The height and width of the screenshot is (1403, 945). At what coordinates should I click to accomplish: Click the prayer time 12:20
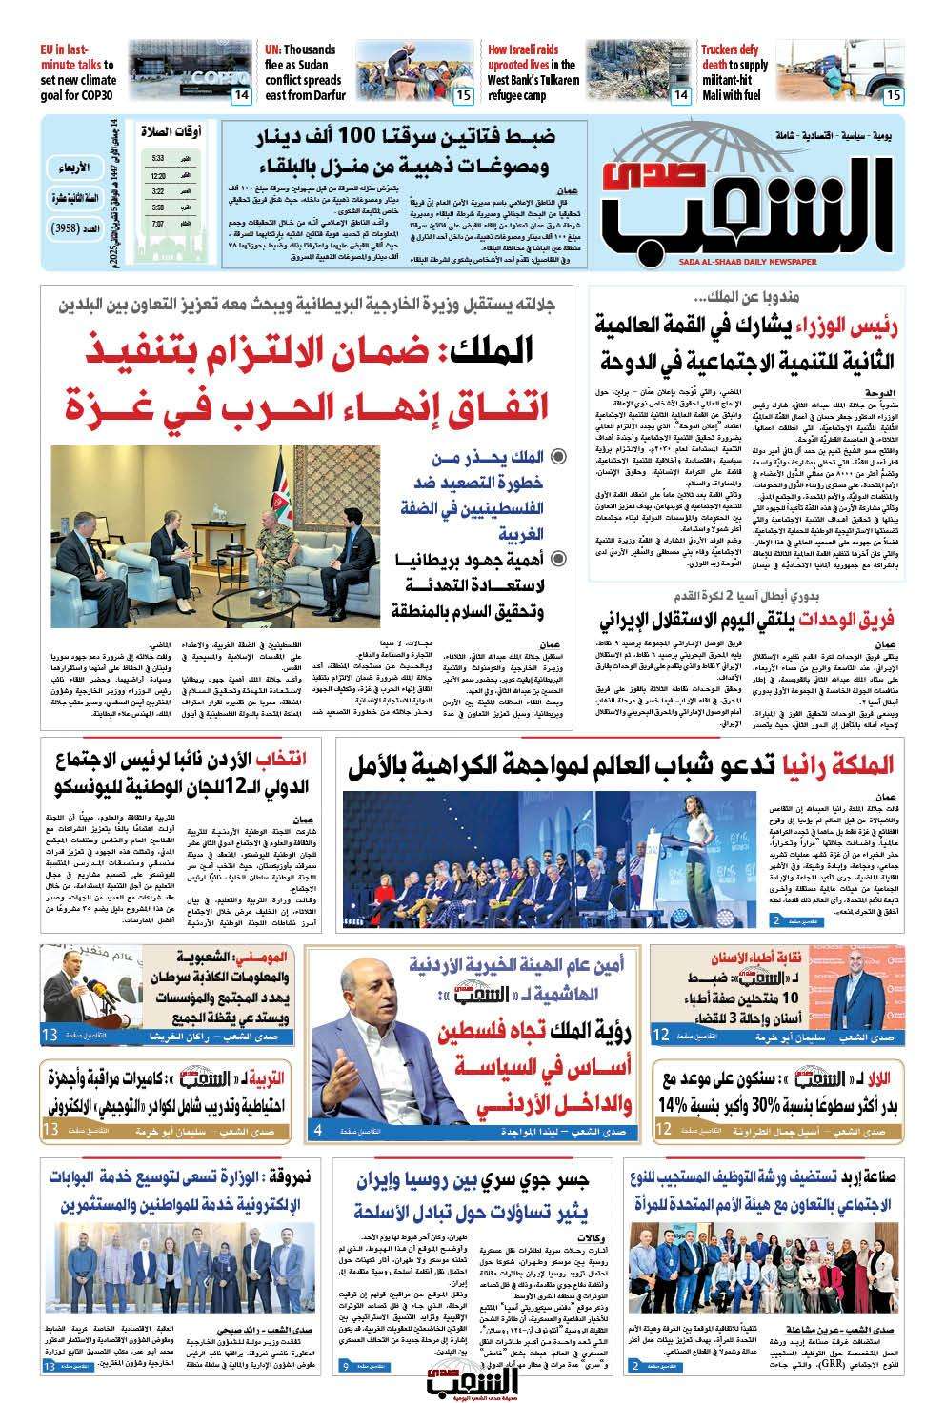(157, 176)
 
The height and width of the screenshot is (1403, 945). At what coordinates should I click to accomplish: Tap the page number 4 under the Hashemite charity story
(321, 1131)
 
